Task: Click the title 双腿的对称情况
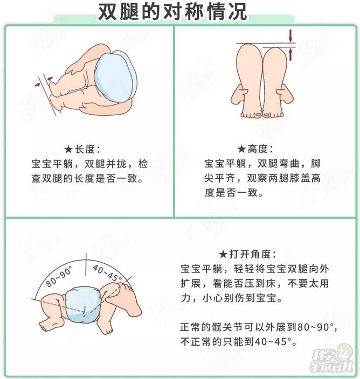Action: (x=172, y=12)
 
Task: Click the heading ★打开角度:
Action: (x=248, y=254)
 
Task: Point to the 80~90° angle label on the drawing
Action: (x=59, y=277)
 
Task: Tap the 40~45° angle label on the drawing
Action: (x=107, y=273)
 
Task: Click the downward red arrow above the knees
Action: (x=292, y=36)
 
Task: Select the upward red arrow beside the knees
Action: (x=292, y=54)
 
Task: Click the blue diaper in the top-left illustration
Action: (x=114, y=76)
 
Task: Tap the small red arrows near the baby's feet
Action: (x=43, y=82)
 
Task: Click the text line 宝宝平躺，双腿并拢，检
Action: (x=89, y=164)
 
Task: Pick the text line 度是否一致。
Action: (x=234, y=192)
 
